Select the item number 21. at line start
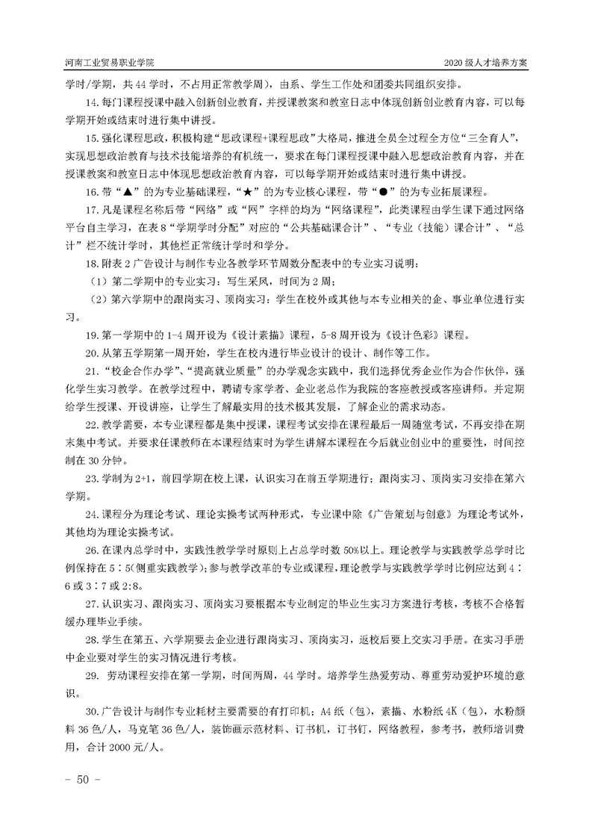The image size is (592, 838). pyautogui.click(x=93, y=370)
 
